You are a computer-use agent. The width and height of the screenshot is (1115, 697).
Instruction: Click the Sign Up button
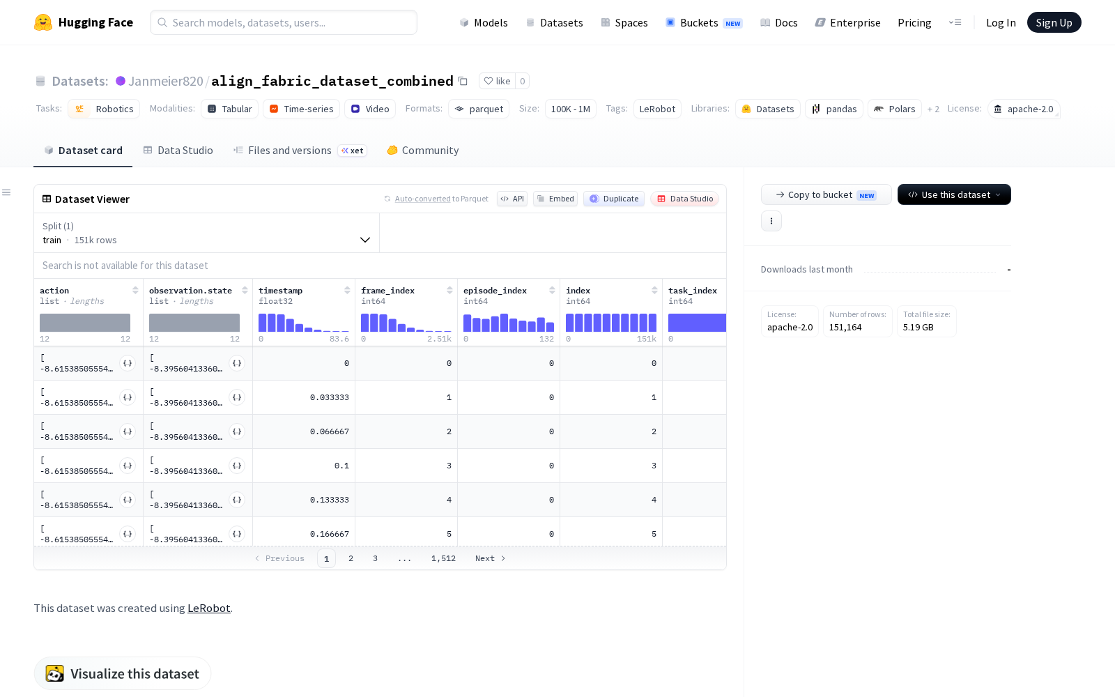pos(1054,22)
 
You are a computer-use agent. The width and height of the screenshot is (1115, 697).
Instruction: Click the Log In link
pos(1001,22)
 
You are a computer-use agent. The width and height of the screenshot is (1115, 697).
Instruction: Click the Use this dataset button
pos(954,194)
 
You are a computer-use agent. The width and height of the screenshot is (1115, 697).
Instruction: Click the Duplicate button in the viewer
pos(614,199)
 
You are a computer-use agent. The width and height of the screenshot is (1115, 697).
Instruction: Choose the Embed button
pos(555,199)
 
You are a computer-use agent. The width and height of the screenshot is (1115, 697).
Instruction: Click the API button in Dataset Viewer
pos(512,199)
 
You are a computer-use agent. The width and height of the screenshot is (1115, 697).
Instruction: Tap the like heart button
pos(498,81)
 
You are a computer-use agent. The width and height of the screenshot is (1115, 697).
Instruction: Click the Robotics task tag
pos(104,109)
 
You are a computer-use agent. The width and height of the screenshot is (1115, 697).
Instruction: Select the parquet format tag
pos(478,109)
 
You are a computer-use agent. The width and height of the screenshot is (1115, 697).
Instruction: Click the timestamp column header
pos(280,290)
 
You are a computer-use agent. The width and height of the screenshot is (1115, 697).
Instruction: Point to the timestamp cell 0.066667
pos(330,431)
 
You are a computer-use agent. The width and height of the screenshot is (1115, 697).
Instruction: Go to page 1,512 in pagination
pos(443,558)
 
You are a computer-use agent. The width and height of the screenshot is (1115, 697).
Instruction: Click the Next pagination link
pos(490,558)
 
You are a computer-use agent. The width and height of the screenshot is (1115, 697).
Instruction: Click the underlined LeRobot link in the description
pos(208,608)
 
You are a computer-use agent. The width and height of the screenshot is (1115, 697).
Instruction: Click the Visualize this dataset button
pos(123,673)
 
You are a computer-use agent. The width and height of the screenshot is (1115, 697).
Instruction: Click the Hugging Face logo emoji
pos(43,22)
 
